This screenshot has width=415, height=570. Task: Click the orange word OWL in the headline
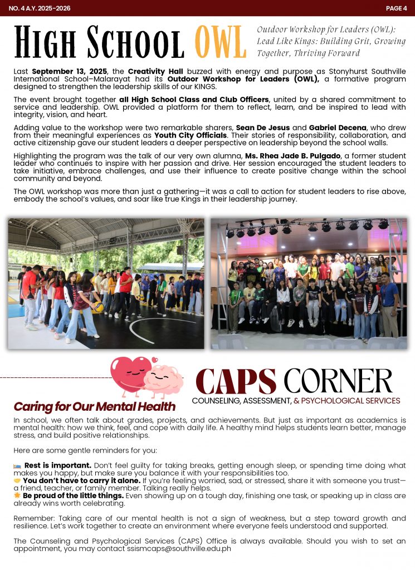pos(221,42)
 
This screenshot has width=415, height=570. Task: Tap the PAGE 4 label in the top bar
pos(396,8)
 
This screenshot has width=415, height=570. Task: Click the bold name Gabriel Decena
pos(329,128)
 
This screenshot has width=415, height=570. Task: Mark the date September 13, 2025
pos(70,72)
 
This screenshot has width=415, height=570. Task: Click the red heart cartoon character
pos(128,374)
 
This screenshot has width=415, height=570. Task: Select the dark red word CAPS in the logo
pos(236,381)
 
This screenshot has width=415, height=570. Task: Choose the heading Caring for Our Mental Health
pos(94,406)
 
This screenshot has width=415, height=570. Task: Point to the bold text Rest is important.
pos(57,465)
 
